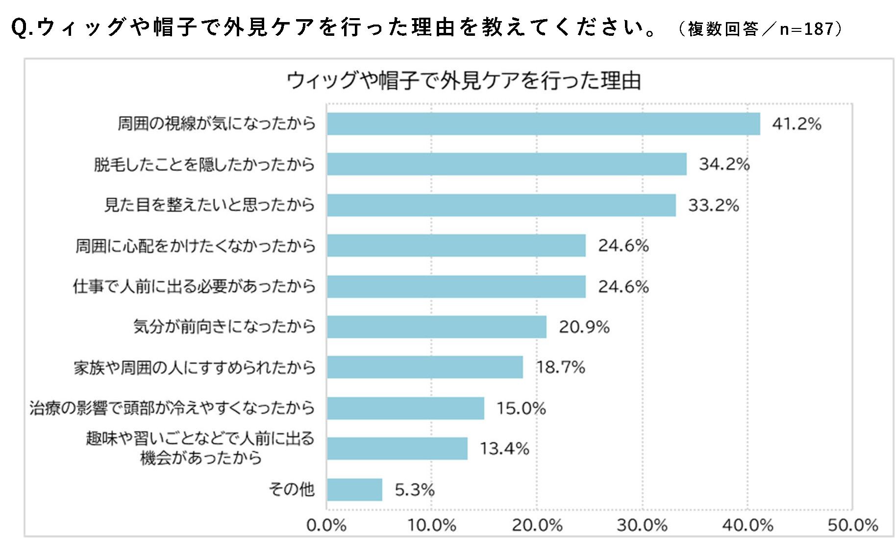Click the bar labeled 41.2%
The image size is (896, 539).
[543, 124]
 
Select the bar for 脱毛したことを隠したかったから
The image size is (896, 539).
[506, 164]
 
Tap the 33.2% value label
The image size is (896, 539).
[713, 205]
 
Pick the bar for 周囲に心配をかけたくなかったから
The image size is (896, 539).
[456, 245]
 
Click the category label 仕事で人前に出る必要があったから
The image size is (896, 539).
[194, 286]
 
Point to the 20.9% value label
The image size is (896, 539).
[584, 327]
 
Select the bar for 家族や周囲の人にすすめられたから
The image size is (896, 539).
[424, 367]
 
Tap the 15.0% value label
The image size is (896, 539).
[521, 408]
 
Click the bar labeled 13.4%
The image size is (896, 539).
[397, 448]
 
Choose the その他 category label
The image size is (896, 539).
[291, 489]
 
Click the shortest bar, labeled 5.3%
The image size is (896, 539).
[354, 489]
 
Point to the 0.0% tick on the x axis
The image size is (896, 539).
[326, 525]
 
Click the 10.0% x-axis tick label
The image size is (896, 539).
[431, 525]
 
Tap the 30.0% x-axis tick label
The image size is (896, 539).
[642, 525]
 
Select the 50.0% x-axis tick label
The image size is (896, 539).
[852, 525]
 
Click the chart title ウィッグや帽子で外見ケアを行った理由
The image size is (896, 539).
[463, 81]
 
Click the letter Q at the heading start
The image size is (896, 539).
[20, 27]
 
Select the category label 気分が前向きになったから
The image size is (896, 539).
[224, 327]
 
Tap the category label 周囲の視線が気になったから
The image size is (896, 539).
[216, 124]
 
